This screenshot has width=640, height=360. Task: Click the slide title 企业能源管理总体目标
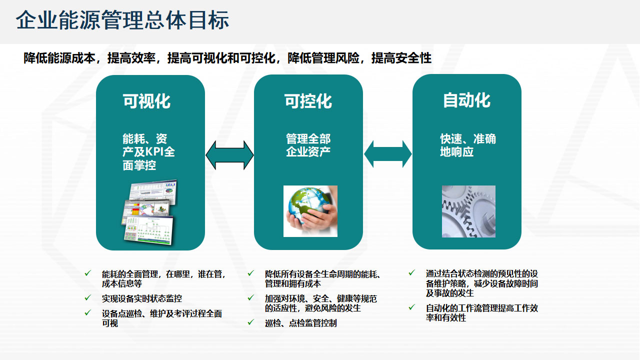click(122, 20)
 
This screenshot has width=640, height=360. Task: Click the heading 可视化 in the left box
click(146, 101)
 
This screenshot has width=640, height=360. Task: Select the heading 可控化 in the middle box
click(308, 101)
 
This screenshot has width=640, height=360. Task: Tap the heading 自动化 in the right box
click(466, 100)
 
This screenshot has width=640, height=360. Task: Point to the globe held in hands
click(310, 211)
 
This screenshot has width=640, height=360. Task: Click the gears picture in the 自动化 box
click(468, 211)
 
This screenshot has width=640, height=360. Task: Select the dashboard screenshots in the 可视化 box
click(149, 212)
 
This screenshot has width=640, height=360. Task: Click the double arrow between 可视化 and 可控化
click(229, 155)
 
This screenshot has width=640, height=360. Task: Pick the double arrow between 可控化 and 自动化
click(387, 154)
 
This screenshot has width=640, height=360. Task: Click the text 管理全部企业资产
click(308, 145)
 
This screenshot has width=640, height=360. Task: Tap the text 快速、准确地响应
click(468, 145)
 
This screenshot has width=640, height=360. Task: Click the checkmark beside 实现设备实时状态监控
click(88, 297)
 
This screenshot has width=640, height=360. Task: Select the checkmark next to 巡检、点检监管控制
click(251, 322)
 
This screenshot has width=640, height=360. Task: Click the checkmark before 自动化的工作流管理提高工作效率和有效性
click(411, 307)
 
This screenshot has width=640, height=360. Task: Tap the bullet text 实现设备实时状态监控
click(142, 298)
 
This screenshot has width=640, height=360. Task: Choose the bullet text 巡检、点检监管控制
click(301, 323)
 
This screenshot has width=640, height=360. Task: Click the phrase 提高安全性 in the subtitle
click(401, 58)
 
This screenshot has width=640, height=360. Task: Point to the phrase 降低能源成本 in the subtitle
click(59, 58)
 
